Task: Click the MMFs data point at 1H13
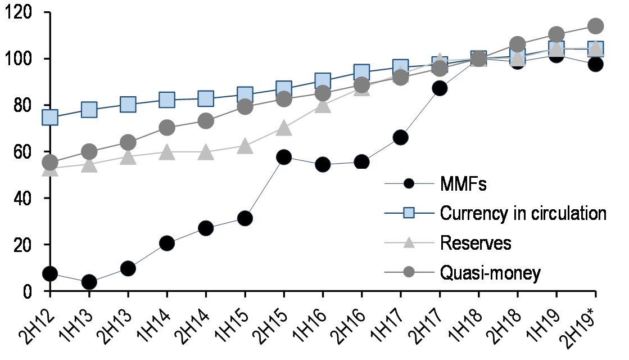coord(89,282)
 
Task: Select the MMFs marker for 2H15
coord(284,157)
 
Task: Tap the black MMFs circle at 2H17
coord(440,88)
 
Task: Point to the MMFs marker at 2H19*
coord(595,64)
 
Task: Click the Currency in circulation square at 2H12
coord(50,118)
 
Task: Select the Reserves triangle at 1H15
coord(245,147)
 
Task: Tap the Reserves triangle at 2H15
coord(284,128)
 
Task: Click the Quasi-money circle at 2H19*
coord(595,26)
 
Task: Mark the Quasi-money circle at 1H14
coord(167,128)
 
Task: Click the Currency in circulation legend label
coord(523,213)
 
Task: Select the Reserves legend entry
coord(476,243)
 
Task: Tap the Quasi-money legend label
coord(490,273)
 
